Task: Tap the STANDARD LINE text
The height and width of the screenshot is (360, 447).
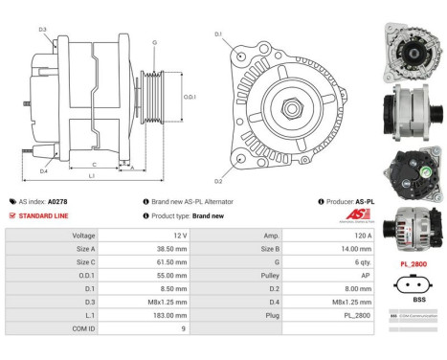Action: pos(45,215)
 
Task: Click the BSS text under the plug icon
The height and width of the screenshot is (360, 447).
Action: pos(414,300)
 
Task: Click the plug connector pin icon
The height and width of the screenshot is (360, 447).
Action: pos(414,282)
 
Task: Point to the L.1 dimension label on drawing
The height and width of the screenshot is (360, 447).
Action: pos(92,177)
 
